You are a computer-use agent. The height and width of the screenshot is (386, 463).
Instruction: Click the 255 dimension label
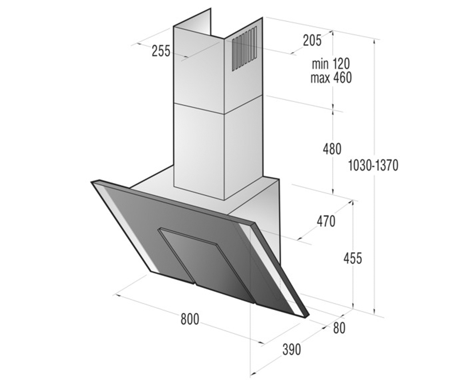(x=161, y=51)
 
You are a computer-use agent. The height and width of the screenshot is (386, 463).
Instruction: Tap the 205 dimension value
(x=312, y=41)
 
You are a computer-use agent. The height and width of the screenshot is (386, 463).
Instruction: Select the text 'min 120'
(x=331, y=64)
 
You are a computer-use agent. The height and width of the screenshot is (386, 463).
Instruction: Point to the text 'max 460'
(x=331, y=78)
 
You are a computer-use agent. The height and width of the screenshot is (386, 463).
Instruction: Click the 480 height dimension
(x=332, y=149)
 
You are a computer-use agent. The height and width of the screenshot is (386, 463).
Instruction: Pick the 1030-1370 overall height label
(x=373, y=165)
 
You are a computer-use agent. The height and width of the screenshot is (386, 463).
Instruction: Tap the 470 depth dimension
(x=326, y=221)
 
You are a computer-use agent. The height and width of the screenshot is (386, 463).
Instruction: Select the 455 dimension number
(x=353, y=259)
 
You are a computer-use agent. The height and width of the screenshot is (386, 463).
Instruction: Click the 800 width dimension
(x=190, y=319)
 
